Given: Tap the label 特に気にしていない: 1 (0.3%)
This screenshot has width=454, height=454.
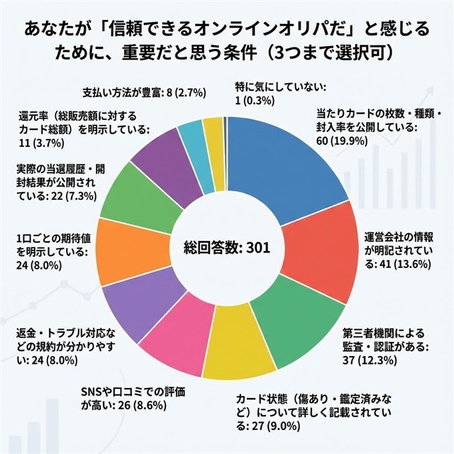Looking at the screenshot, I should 279,94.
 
